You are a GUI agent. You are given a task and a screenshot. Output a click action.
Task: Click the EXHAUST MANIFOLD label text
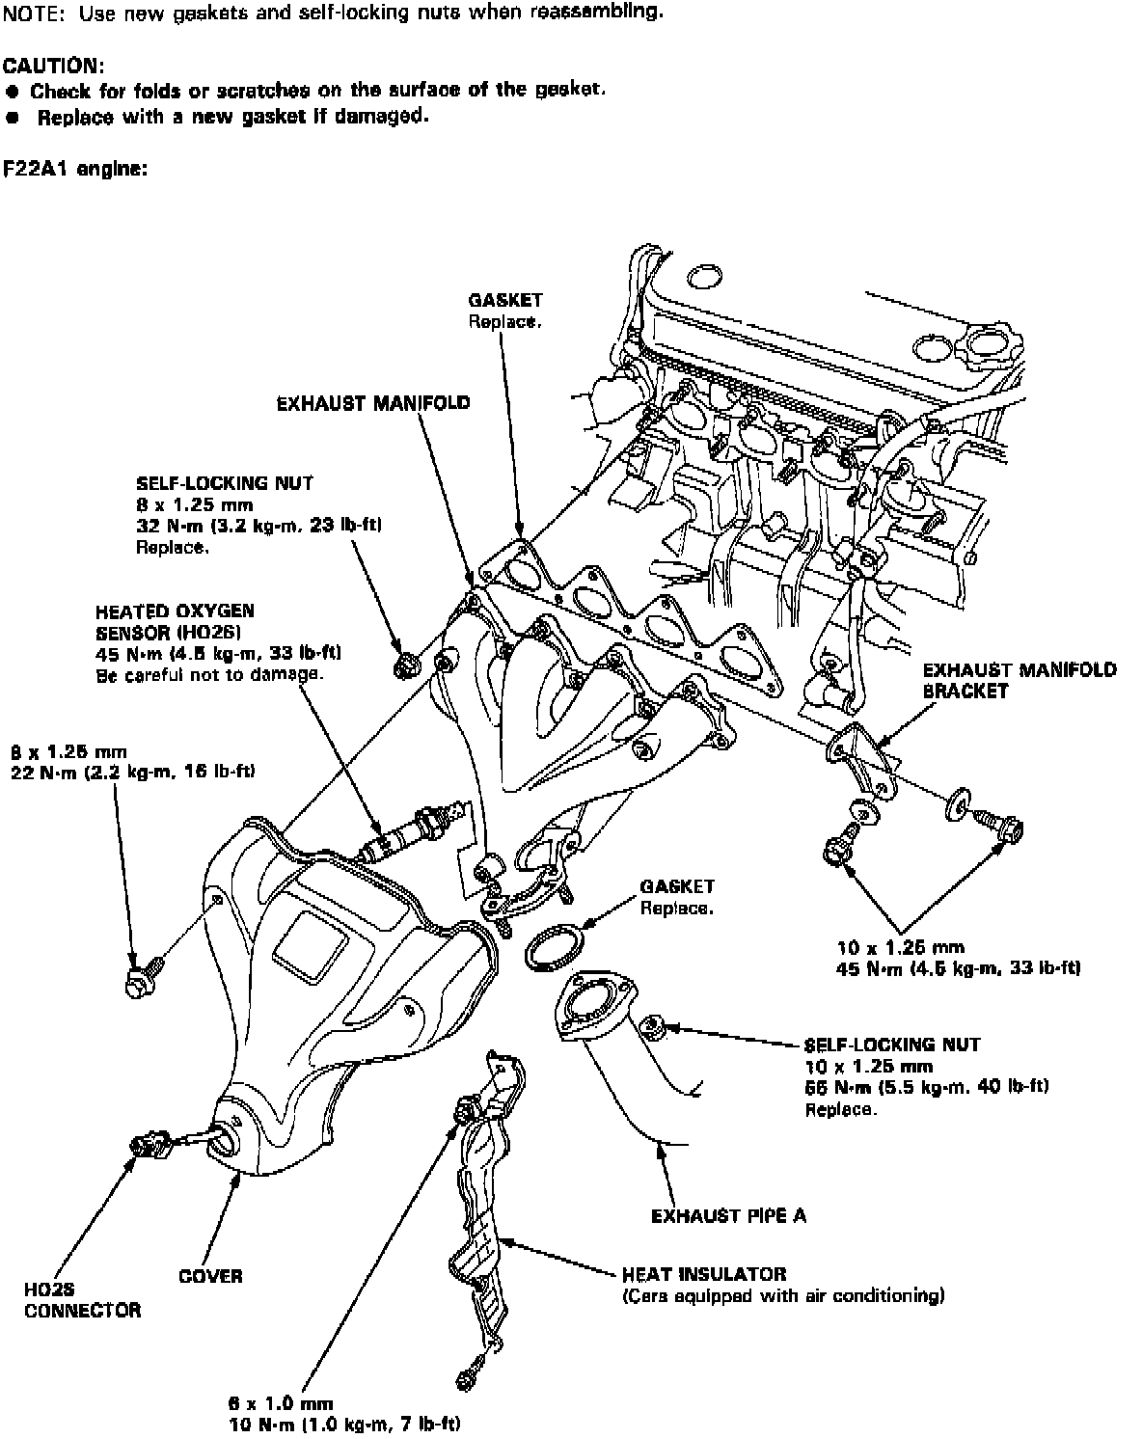(373, 402)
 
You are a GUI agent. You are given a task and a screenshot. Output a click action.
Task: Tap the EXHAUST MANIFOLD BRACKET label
(1020, 680)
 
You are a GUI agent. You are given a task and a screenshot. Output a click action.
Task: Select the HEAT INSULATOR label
(703, 1274)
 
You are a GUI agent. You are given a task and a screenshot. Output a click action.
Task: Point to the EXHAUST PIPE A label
(728, 1214)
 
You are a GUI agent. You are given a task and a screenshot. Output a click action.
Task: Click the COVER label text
(210, 1276)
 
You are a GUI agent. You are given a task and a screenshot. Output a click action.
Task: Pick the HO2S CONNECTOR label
(83, 1299)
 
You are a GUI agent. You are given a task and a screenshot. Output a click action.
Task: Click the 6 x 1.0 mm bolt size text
(276, 1403)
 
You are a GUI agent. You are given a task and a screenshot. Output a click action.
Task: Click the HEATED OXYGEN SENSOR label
(175, 622)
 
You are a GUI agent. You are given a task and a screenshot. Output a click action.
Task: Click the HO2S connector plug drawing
(148, 1146)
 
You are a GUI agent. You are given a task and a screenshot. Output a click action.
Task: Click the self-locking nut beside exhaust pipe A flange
(652, 1027)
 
